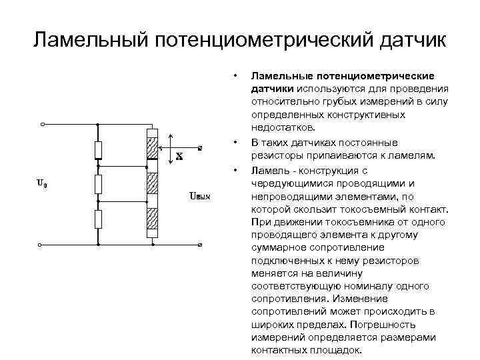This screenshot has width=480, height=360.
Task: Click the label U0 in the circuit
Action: click(41, 183)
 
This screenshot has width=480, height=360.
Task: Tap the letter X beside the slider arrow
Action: click(179, 157)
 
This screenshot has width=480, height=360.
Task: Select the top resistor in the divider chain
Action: click(98, 150)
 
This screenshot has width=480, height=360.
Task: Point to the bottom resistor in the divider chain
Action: click(98, 218)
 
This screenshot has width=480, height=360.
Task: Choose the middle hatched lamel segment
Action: click(151, 181)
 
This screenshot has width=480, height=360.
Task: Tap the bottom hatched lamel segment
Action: click(151, 217)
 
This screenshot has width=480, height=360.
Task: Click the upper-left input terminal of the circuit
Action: click(43, 124)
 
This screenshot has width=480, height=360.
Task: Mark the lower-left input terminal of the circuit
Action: click(43, 245)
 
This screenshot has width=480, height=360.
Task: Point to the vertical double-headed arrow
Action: click(172, 147)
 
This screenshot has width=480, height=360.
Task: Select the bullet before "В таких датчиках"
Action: click(235, 142)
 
